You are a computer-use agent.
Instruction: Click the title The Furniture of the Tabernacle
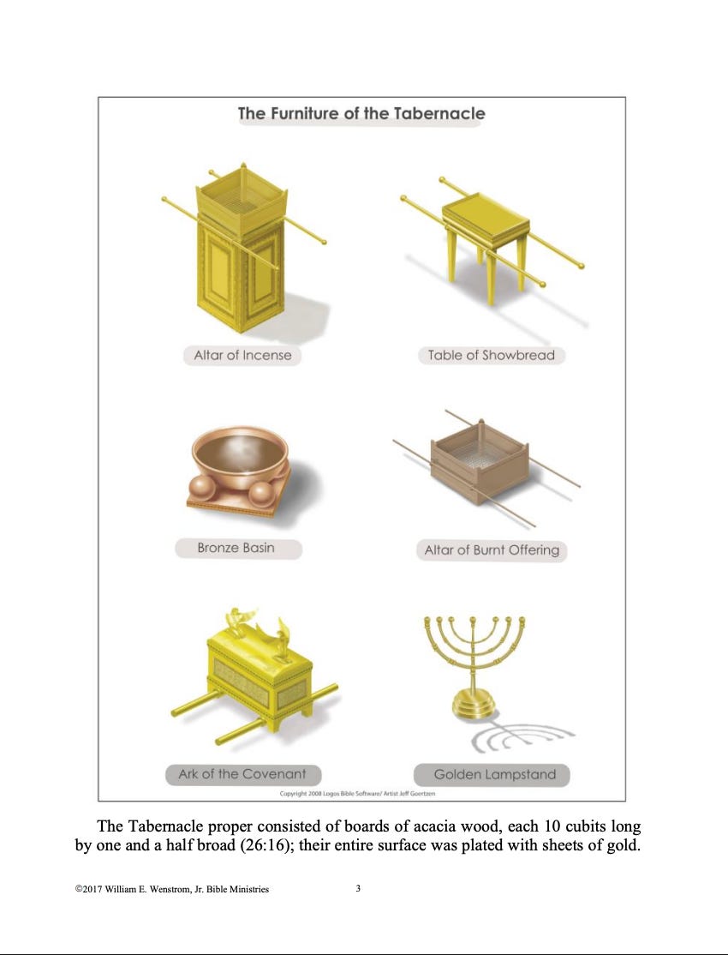click(361, 113)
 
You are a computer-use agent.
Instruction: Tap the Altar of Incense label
click(242, 355)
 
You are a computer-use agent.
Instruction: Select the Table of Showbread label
click(492, 355)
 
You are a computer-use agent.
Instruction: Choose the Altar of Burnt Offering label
click(492, 550)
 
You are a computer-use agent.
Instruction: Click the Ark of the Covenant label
click(243, 774)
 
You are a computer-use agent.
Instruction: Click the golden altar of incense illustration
click(241, 249)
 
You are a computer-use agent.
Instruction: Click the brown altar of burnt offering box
click(480, 462)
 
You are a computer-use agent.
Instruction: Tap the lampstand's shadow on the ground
click(521, 736)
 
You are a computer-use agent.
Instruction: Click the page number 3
click(358, 888)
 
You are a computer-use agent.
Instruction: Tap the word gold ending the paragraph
click(624, 845)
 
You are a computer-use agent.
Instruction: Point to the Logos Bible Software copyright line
click(357, 794)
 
